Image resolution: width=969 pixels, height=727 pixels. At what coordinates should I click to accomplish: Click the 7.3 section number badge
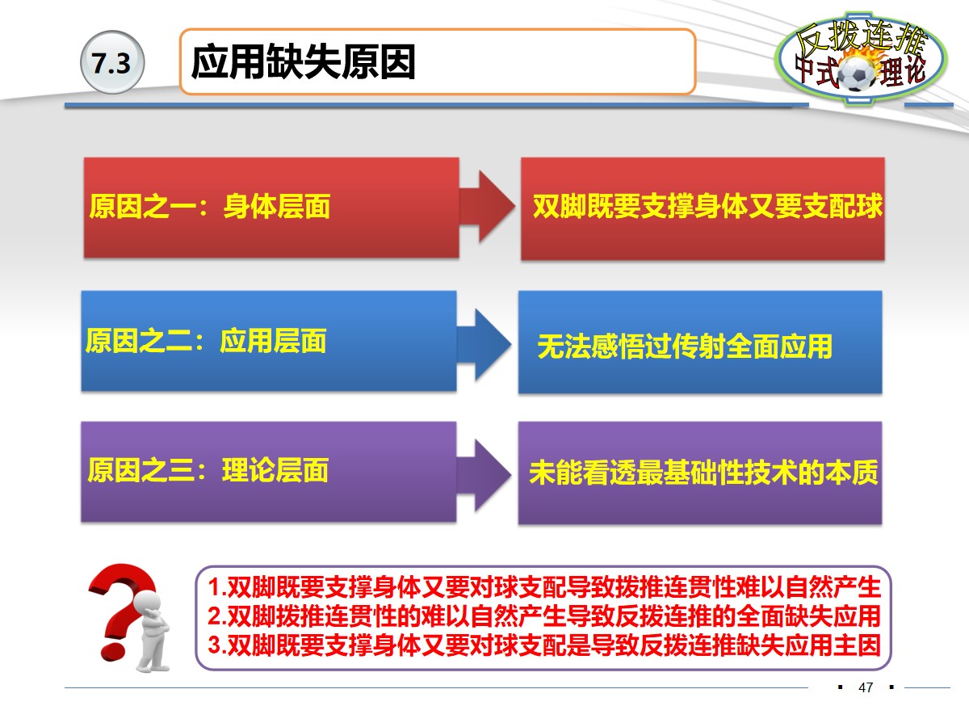[111, 64]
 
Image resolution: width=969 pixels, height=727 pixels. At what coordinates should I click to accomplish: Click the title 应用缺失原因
[304, 62]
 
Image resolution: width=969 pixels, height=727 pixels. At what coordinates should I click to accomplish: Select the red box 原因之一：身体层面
[271, 208]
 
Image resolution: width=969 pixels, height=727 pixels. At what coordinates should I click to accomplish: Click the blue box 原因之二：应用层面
[269, 341]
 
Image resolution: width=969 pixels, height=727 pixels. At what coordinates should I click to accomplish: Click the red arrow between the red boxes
[487, 208]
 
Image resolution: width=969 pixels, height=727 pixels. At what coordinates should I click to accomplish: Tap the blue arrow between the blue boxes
[484, 342]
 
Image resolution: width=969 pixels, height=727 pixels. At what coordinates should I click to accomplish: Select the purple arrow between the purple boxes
[484, 473]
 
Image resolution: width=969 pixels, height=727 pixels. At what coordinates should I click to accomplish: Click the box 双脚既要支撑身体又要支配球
[702, 208]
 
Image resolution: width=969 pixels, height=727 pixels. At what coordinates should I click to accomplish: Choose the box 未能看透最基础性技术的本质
[699, 473]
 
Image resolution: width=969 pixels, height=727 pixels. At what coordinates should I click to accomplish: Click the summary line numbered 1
[543, 586]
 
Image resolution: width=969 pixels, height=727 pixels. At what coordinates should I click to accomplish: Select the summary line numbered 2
[543, 616]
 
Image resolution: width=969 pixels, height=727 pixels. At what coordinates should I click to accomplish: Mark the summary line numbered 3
[543, 645]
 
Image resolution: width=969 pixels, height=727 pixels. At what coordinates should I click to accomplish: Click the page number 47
[866, 687]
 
